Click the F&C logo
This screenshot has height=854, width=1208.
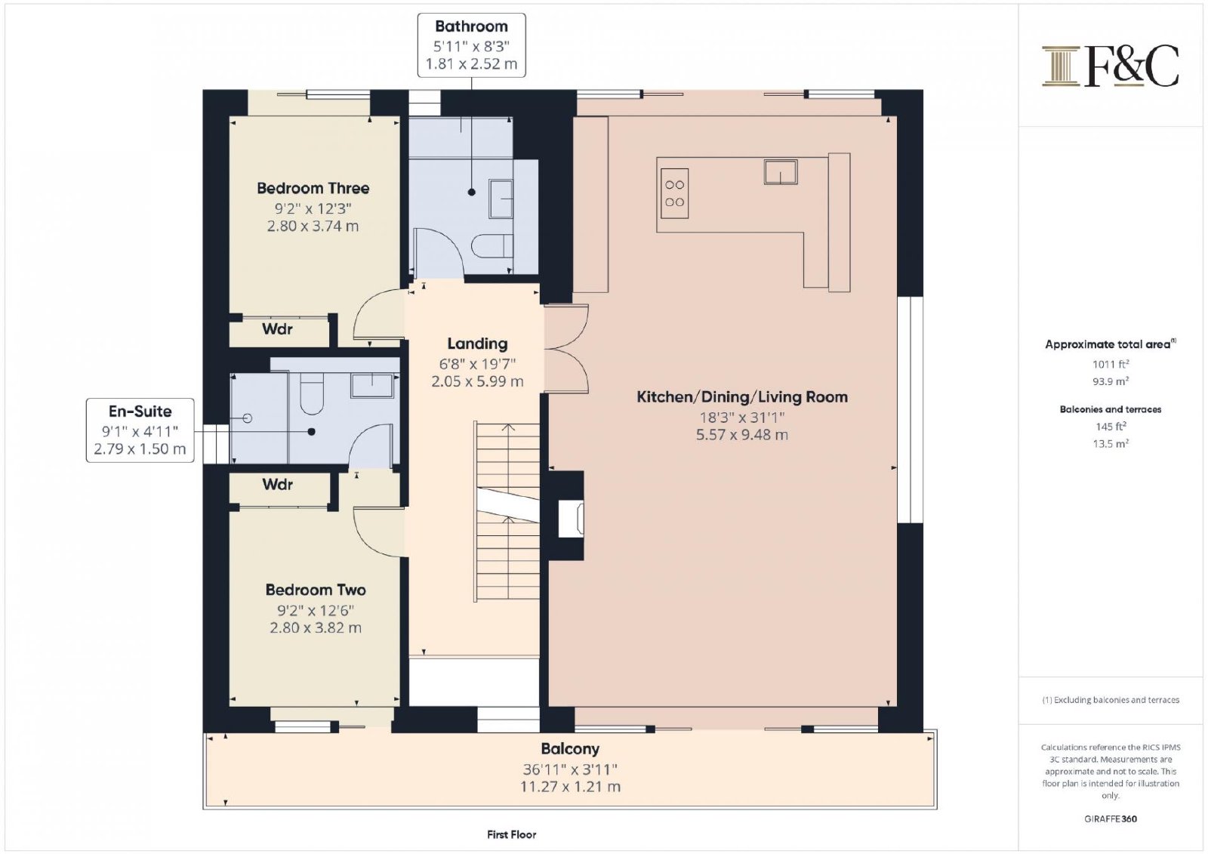point(1110,66)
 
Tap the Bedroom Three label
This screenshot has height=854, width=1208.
point(313,188)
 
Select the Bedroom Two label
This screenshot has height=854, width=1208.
point(316,590)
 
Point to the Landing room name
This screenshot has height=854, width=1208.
point(477,344)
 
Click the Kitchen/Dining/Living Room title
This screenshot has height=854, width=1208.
point(742,397)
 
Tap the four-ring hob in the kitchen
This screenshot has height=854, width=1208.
point(674,193)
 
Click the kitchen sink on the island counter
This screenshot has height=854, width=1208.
point(781,171)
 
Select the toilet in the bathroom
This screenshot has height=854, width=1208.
point(492,247)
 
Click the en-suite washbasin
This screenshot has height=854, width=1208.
point(372,385)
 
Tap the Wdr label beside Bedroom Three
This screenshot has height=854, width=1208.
point(277,328)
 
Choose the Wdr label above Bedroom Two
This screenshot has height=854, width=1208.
point(277,485)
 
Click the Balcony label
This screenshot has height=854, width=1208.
point(570,749)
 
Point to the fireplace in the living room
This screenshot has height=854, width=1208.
point(571,519)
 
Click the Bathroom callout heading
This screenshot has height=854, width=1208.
point(471,26)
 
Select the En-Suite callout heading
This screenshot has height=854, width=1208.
point(140,411)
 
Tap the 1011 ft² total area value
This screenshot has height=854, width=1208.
point(1111,364)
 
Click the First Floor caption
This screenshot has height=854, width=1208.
point(511,834)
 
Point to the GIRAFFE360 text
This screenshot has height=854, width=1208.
point(1111,819)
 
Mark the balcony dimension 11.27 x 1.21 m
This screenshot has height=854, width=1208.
point(570,787)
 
